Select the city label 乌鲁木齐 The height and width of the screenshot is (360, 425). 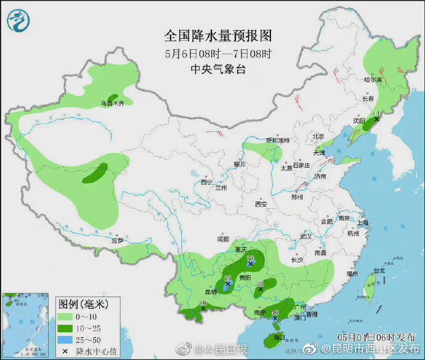(x=113, y=104)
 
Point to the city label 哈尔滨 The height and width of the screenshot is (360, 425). (x=373, y=80)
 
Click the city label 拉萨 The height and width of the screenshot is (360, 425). (x=117, y=241)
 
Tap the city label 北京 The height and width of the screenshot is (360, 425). (x=318, y=136)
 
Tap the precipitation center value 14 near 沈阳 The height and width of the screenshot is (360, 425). (x=378, y=113)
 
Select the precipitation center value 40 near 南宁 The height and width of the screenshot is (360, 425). (x=275, y=313)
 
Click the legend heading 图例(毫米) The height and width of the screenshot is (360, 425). (x=83, y=304)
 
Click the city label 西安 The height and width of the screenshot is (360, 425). (x=261, y=204)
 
